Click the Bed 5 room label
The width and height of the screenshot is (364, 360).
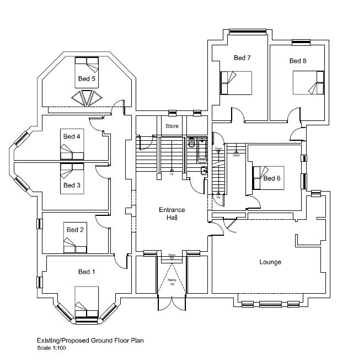click(x=86, y=79)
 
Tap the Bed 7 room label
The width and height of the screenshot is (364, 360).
click(x=242, y=57)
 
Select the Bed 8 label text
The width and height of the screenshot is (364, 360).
click(x=298, y=61)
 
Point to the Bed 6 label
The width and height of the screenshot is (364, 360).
click(x=272, y=178)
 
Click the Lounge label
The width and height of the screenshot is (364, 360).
click(x=270, y=262)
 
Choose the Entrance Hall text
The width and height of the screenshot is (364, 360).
click(x=172, y=214)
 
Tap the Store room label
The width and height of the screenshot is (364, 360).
click(x=172, y=126)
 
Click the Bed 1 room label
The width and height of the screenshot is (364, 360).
click(x=87, y=272)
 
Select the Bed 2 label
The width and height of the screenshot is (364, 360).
click(x=75, y=230)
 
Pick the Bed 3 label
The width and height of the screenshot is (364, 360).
click(x=72, y=185)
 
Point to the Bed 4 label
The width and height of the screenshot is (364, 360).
click(x=72, y=136)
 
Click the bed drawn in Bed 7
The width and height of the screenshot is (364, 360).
click(x=236, y=83)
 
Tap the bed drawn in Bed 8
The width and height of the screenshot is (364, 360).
click(x=309, y=83)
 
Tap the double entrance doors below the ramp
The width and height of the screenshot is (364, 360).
click(x=172, y=304)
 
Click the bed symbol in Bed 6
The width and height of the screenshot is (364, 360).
click(x=268, y=178)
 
